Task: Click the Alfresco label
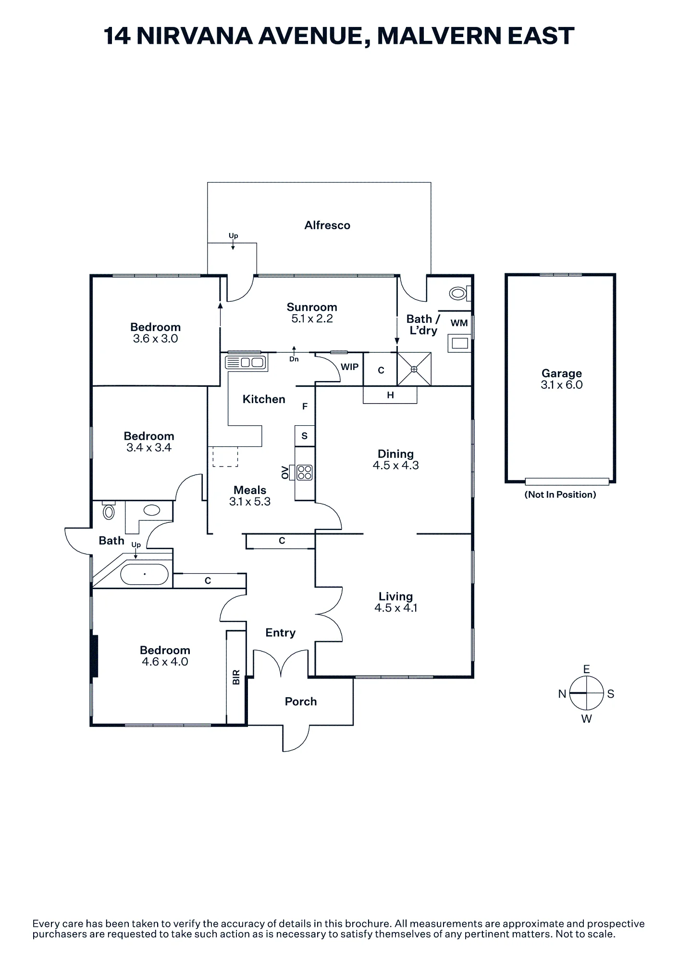pos(327,225)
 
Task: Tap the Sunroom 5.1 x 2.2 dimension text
pos(312,319)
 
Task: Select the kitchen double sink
pos(246,362)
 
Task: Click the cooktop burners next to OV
pos(305,472)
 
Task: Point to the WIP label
pos(349,367)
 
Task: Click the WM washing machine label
pos(459,323)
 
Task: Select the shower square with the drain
pos(414,369)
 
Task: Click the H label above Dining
pos(390,395)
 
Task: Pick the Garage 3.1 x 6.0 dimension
pos(561,385)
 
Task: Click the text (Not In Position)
pos(560,494)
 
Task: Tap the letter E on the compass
pos(586,669)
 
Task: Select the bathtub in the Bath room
pos(144,574)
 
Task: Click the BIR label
pos(236,678)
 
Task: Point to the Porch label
pos(301,702)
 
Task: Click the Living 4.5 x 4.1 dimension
pos(396,608)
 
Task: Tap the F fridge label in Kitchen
pos(305,407)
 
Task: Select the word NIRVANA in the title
pos(195,36)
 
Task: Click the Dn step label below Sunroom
pos(294,359)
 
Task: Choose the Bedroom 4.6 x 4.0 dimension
pos(165,662)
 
